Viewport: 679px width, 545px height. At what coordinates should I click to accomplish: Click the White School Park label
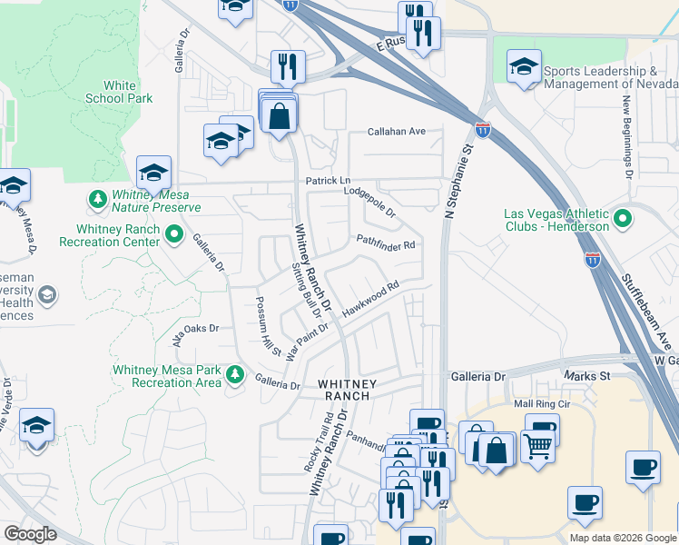point(119,91)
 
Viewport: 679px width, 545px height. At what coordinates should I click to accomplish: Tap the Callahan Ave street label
point(396,132)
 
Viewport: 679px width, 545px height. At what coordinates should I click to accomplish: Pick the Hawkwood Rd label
point(370,300)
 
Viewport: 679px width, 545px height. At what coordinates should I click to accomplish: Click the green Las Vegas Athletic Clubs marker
point(623,219)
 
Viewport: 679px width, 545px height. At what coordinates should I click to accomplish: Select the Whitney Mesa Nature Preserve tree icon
point(97,198)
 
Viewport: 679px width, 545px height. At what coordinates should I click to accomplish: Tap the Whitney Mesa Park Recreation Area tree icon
point(235,373)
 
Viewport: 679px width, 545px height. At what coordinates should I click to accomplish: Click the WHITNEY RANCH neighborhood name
point(345,391)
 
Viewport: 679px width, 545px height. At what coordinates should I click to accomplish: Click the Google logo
point(30,534)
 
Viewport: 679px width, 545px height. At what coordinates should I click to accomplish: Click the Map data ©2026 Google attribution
point(622,538)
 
